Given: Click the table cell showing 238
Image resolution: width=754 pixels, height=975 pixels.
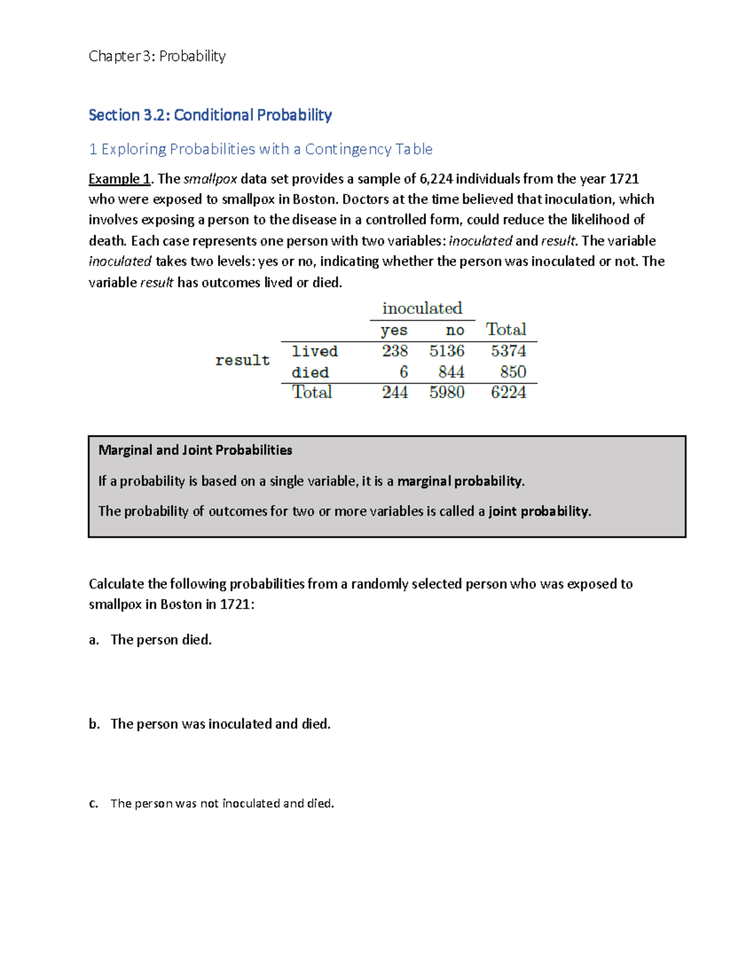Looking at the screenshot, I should tap(395, 351).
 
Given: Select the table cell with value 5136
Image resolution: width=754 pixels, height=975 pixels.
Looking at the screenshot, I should tap(447, 351).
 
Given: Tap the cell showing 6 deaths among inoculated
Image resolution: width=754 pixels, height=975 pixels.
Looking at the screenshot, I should tap(403, 372).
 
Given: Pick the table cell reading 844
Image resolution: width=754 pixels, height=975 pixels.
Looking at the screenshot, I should tap(451, 372).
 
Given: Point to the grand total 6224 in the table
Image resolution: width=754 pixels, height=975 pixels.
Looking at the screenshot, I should tap(508, 392).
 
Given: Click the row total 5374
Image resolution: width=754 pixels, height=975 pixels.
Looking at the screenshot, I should tap(508, 351).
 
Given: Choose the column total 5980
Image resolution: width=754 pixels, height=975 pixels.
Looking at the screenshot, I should tap(447, 392).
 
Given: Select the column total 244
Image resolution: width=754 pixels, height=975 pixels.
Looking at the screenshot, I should tap(395, 392).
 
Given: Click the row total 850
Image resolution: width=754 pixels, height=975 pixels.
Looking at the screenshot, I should tap(513, 372).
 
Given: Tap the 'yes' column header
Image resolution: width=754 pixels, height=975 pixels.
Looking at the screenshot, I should tap(394, 330).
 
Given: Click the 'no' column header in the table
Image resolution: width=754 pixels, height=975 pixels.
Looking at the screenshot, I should tap(455, 330).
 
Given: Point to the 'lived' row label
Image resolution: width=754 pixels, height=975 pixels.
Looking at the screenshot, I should tap(315, 351).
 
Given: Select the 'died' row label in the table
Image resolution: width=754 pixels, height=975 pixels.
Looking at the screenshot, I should tap(310, 372).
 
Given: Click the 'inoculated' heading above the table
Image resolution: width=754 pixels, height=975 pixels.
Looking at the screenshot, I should tap(422, 308).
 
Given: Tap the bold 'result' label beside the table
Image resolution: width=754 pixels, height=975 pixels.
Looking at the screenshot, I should tap(243, 360).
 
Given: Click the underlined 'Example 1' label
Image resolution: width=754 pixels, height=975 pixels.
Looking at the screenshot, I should tap(119, 179).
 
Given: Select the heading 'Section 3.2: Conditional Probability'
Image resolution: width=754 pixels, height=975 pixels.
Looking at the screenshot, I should tap(210, 115).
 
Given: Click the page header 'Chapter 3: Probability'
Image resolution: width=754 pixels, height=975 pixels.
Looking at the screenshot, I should tap(157, 56).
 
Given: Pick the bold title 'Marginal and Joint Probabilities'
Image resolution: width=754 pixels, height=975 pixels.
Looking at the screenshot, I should tap(195, 450).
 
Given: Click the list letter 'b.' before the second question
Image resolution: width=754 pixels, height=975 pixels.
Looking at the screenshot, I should tap(94, 724).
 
